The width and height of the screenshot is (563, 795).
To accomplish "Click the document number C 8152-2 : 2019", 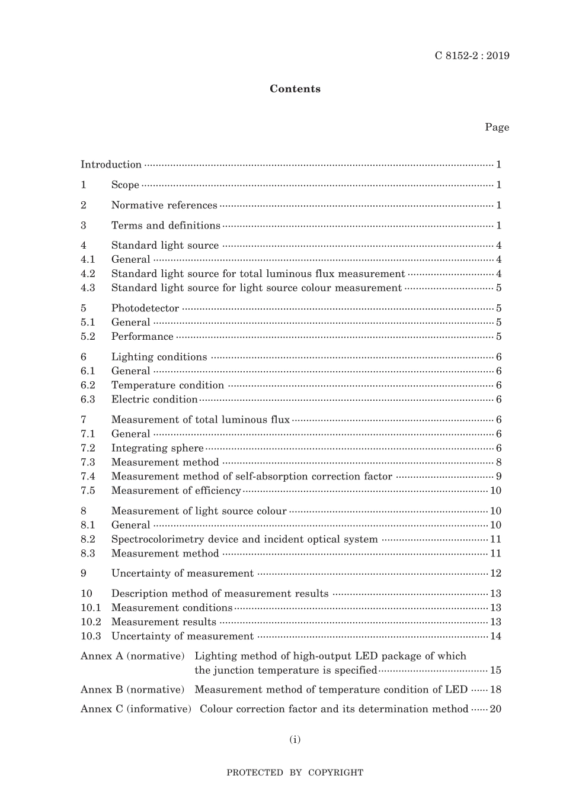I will point(472,56).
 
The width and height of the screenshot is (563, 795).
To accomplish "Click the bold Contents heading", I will point(295,89).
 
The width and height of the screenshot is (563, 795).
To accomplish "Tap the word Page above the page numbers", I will point(497,127).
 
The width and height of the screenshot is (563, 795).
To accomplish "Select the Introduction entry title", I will point(111,165).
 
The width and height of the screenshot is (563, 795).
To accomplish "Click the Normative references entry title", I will point(164,205).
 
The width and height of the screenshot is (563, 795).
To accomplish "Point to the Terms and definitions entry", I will point(165,226).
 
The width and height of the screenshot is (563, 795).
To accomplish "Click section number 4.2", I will point(88,273).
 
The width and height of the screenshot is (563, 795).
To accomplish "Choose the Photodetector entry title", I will point(145,308).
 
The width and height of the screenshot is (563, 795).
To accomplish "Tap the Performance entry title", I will point(142,337).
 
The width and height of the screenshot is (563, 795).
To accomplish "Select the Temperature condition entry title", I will point(168,385).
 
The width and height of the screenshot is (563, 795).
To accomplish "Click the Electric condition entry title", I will point(154,400).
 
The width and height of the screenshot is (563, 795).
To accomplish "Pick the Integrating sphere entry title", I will point(157,448).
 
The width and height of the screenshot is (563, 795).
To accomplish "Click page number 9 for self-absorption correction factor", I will point(499,477).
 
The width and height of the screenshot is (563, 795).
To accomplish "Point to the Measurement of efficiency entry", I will point(176,491).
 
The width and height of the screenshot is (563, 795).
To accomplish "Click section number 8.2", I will point(88,539).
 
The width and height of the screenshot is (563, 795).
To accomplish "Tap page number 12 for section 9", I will point(496,573).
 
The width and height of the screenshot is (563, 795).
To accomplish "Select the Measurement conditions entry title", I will point(172,608).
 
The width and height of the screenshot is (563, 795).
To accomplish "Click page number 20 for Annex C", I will point(495,709).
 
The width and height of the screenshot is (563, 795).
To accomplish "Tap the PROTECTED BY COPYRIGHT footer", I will point(295,773).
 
